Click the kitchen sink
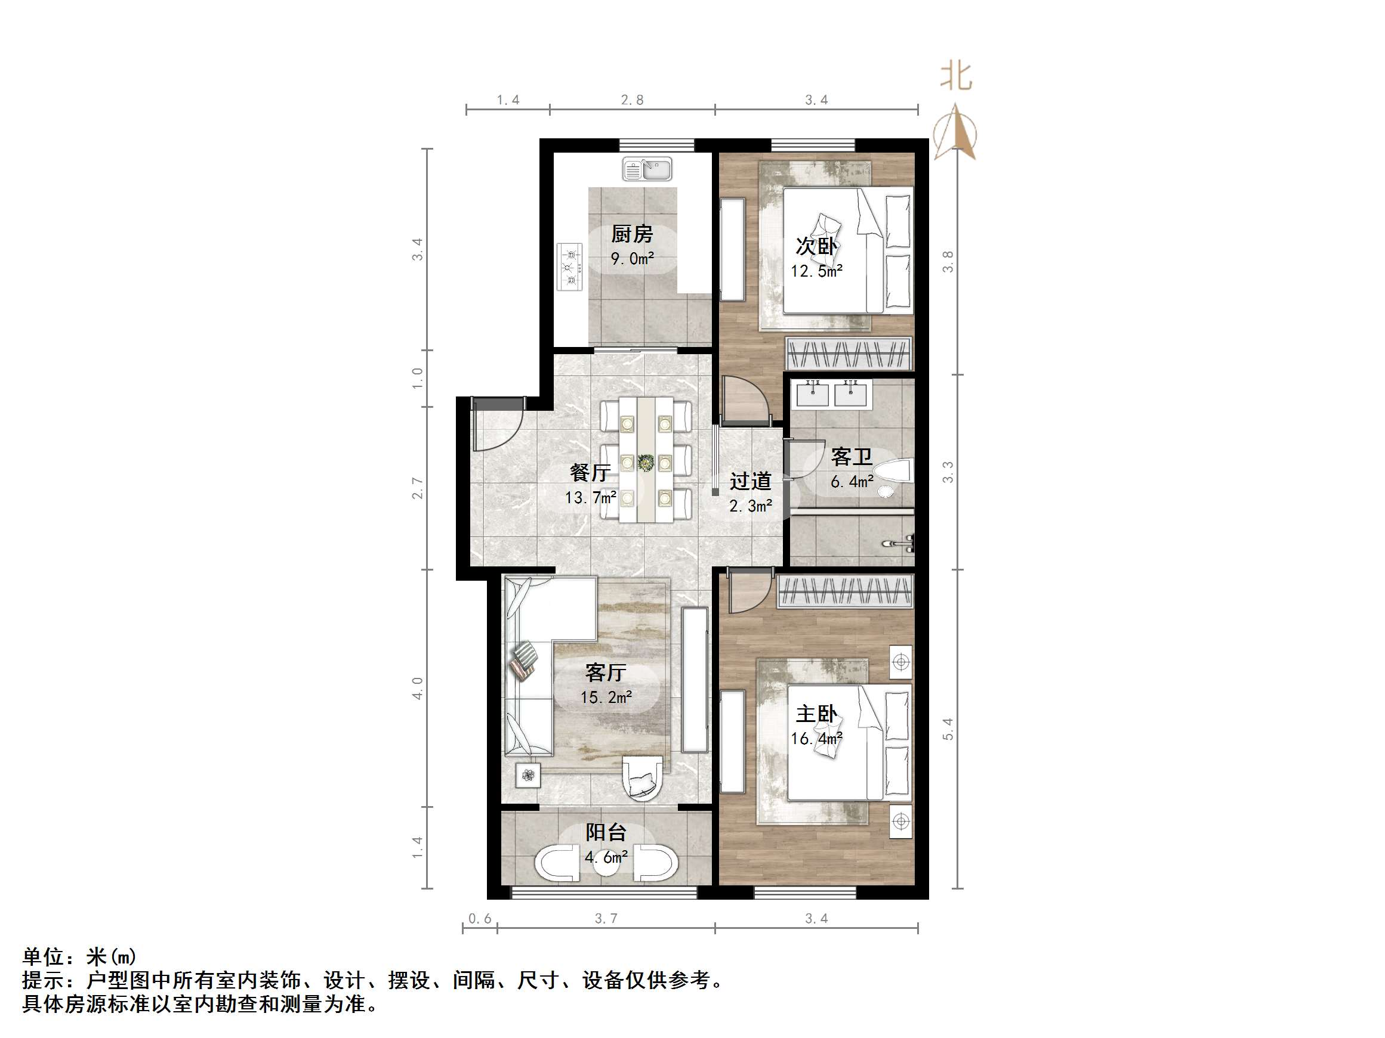(647, 169)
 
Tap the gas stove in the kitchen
(570, 267)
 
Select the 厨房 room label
(632, 235)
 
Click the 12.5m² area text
(816, 271)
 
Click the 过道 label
(750, 481)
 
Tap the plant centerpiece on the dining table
(645, 463)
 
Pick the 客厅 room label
(606, 673)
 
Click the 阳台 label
(606, 832)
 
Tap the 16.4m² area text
(816, 739)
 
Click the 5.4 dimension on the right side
(948, 729)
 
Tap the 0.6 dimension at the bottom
(480, 919)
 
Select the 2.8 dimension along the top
(632, 100)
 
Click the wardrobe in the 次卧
(849, 354)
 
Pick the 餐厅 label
(590, 472)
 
